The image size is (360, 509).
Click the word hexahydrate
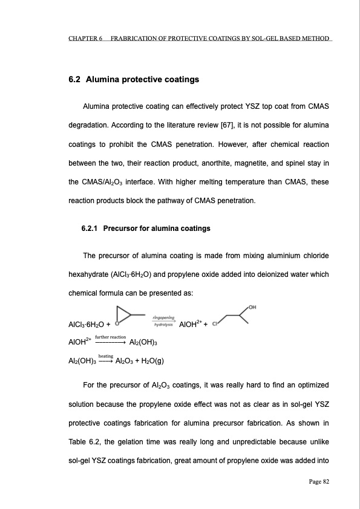(x=89, y=274)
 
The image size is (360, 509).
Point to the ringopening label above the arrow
(x=163, y=317)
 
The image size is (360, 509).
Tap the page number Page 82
(x=316, y=481)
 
